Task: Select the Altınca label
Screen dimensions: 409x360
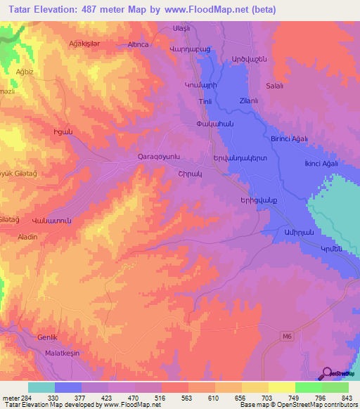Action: pos(136,44)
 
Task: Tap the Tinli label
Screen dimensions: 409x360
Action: pos(205,101)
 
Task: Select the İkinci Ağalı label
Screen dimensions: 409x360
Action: pos(320,164)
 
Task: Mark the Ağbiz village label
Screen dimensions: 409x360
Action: pos(24,71)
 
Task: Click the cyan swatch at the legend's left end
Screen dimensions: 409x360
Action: pos(41,387)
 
